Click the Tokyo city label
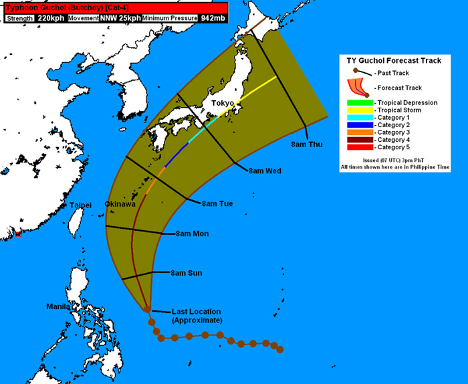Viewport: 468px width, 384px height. coord(223,104)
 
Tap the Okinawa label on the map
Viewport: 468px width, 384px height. coord(120,203)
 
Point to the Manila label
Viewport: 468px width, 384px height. coord(58,306)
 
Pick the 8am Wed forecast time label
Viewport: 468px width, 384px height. coord(264,171)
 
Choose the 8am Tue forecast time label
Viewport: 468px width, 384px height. coord(217,203)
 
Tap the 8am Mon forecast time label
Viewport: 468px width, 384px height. coord(193,233)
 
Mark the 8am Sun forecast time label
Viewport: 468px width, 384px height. coord(187,273)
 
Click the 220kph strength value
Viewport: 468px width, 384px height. coord(51,18)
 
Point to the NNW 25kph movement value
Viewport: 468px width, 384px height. coord(120,18)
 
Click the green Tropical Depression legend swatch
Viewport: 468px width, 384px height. coord(355,102)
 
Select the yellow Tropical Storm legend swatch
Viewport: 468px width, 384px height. coord(355,110)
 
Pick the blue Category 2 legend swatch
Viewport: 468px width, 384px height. coord(355,125)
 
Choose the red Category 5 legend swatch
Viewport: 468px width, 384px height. coord(355,147)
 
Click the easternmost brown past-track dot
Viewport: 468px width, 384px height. coord(280,349)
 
